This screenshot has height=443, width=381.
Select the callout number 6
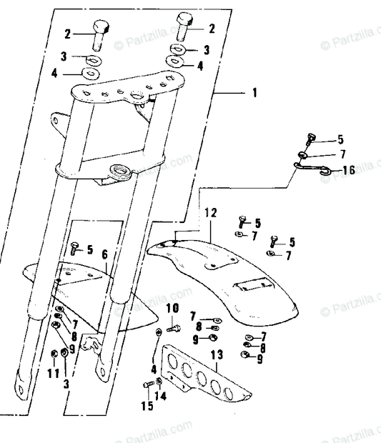click(x=104, y=254)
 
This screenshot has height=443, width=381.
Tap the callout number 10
click(x=172, y=308)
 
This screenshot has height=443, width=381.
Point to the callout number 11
click(x=52, y=373)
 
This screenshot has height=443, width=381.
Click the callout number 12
click(x=209, y=213)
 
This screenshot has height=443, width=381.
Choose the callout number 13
click(x=217, y=354)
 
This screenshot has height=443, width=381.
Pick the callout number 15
click(x=147, y=407)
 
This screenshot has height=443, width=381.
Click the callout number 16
click(x=348, y=170)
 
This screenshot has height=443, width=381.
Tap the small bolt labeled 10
click(x=172, y=329)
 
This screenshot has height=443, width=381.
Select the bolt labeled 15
click(x=147, y=385)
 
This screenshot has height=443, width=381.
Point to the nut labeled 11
click(x=54, y=352)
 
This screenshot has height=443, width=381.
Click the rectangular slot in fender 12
click(x=256, y=284)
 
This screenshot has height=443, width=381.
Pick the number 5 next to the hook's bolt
click(x=340, y=139)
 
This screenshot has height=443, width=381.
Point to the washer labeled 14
click(x=158, y=382)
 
